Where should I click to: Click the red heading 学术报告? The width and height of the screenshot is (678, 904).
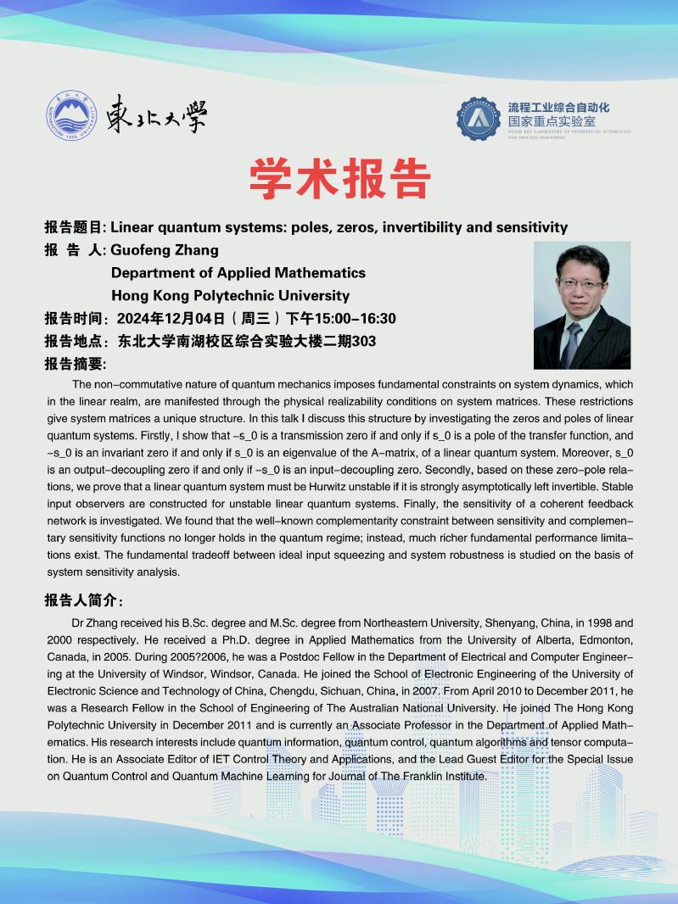point(339,179)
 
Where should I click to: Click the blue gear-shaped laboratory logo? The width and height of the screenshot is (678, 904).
point(479,118)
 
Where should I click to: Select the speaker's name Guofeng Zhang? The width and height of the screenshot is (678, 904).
point(165,250)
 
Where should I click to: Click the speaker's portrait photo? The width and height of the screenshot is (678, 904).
point(581,304)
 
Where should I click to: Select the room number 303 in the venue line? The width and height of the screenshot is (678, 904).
point(363,342)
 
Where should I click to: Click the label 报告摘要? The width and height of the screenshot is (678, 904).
point(75,365)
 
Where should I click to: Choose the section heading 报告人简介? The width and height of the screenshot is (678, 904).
point(83,600)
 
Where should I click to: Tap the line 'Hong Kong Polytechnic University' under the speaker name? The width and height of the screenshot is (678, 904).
point(230,296)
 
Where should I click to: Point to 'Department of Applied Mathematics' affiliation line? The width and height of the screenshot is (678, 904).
point(238,273)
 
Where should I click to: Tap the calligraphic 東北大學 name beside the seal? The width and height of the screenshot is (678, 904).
point(158,115)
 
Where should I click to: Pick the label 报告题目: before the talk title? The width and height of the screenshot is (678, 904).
point(75,227)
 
